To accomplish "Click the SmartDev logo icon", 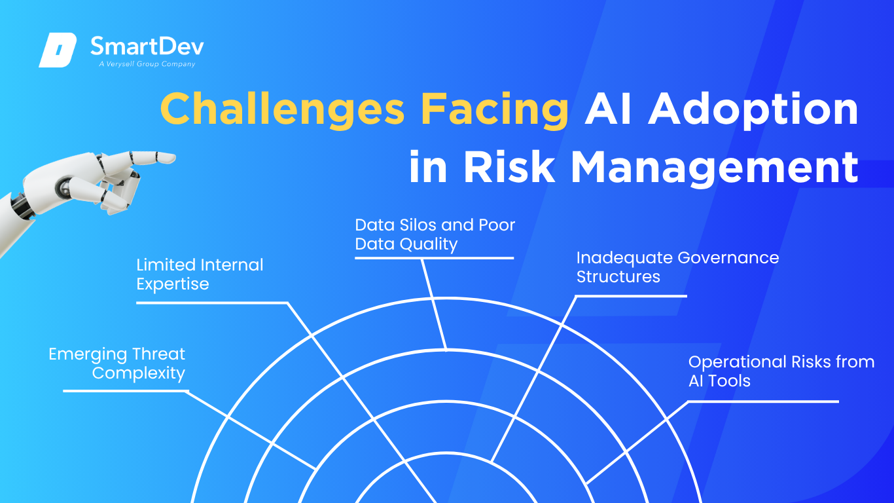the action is click(x=58, y=50).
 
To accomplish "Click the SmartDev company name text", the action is click(x=147, y=46).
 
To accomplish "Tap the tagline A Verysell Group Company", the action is click(x=147, y=64).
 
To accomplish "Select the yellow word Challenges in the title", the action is click(x=283, y=109).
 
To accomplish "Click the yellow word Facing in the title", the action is click(x=495, y=109).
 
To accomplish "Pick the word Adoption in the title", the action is click(x=753, y=109).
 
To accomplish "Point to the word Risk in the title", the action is click(x=509, y=166).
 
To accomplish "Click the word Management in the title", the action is click(x=715, y=168).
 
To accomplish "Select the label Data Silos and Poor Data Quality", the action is click(x=435, y=234).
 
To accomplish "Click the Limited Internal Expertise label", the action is click(x=200, y=274).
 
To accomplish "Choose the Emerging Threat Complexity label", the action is click(x=116, y=363).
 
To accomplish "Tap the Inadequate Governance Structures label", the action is click(x=677, y=267).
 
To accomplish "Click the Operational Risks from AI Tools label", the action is click(x=781, y=371).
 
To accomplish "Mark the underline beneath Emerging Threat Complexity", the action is click(x=125, y=391).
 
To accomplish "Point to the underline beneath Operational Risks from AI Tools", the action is click(x=763, y=401).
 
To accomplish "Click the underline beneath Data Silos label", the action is click(x=434, y=258).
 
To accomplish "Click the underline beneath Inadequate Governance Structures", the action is click(x=632, y=296).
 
